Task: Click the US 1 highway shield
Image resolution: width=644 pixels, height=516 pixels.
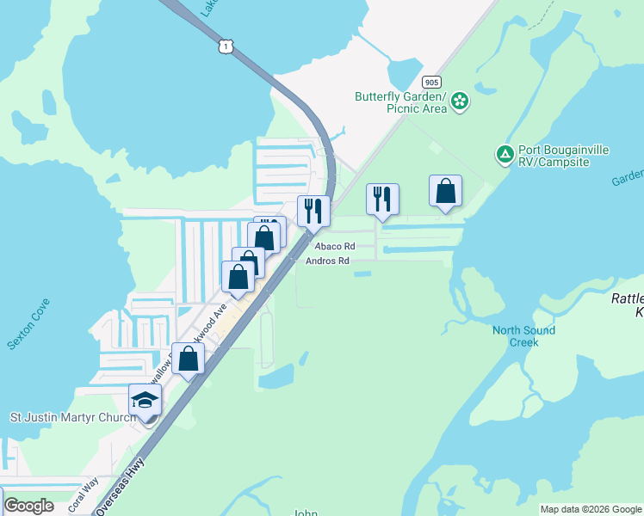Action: [225, 46]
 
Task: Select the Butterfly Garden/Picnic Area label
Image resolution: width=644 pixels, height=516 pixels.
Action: [400, 102]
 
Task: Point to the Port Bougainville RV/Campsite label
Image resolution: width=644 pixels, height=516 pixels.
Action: [564, 156]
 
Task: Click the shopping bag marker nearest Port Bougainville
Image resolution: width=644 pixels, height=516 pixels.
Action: [445, 192]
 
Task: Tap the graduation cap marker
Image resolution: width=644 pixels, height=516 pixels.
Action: [145, 400]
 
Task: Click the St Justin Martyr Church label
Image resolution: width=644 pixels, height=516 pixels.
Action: [72, 418]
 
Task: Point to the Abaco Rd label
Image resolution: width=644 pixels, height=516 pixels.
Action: [334, 246]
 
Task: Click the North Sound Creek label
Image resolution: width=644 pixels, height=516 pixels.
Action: [523, 336]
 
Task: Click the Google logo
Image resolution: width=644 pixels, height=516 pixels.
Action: [28, 506]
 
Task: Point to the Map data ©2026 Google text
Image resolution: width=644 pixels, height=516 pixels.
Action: [590, 509]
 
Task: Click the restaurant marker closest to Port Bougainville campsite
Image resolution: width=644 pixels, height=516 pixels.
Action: [380, 199]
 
